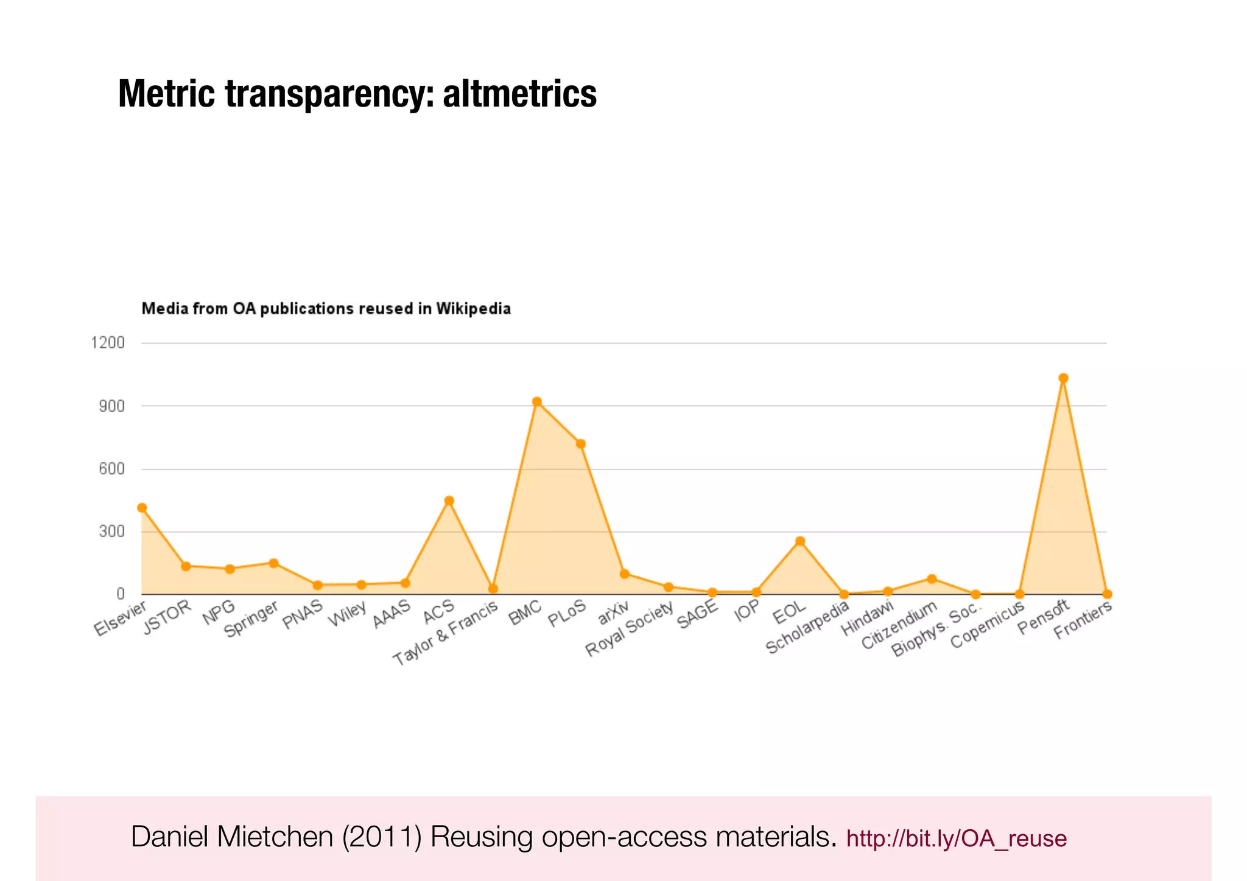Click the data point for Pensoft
1063,378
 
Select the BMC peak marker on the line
536,402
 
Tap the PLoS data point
581,444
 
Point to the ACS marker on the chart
449,501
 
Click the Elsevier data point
142,508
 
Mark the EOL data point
800,541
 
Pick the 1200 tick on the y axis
108,343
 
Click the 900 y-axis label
111,406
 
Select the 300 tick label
111,532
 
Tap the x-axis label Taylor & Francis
445,633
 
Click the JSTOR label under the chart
167,617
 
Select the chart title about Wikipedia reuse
326,309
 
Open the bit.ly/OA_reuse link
956,839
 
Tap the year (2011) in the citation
382,837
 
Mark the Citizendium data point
932,579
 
